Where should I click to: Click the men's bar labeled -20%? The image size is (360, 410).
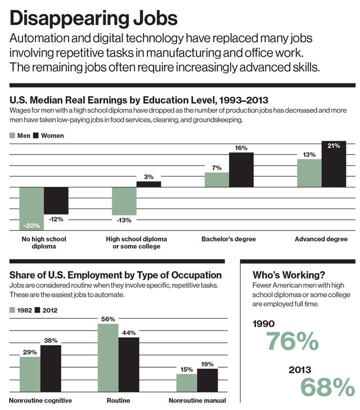click(31, 208)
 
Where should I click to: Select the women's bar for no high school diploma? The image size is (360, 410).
click(56, 200)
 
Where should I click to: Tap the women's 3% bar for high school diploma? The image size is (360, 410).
click(148, 184)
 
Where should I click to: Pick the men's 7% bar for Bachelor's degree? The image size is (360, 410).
click(217, 180)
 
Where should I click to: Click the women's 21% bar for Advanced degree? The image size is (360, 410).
click(334, 164)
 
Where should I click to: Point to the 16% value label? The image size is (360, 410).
click(241, 148)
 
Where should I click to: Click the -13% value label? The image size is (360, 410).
click(124, 220)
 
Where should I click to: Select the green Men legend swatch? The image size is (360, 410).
click(12, 135)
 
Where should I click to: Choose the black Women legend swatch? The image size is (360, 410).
click(36, 135)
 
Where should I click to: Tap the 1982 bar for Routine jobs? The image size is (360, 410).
click(108, 358)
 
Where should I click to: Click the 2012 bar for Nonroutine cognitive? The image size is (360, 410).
click(51, 369)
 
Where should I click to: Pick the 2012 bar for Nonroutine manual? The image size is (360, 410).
click(208, 381)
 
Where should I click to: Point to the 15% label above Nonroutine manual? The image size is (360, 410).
click(187, 369)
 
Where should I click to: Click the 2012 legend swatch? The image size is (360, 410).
click(37, 310)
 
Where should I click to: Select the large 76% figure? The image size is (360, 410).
click(292, 341)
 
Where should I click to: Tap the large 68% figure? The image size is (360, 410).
click(327, 387)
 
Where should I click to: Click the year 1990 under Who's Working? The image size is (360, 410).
click(264, 324)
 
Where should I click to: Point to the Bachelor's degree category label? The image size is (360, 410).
click(228, 239)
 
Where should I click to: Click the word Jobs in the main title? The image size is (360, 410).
click(155, 19)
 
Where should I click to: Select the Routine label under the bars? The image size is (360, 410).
click(118, 400)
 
